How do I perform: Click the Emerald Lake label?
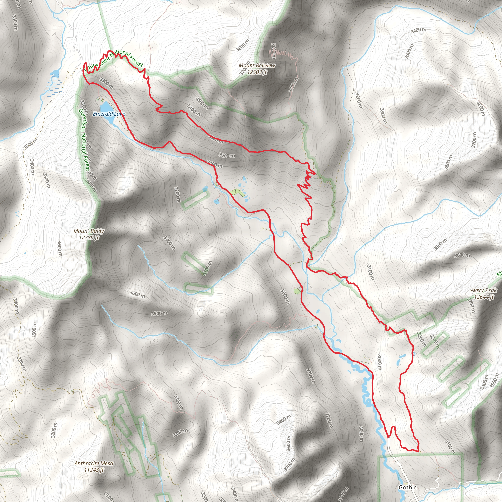point(109,114)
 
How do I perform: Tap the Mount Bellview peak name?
point(257,65)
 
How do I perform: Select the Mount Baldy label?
point(89,231)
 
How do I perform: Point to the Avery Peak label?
point(484,290)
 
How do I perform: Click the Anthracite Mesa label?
point(94,463)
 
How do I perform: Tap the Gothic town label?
point(407,488)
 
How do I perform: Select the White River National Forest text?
point(114,60)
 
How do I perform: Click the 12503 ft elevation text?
point(257,72)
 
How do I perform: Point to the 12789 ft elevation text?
point(89,238)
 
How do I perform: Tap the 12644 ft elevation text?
point(484,297)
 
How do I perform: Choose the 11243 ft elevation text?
point(94,470)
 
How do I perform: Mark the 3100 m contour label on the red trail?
point(215,164)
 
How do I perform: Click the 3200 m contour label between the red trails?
point(227,156)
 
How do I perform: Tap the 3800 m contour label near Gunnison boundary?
point(91,186)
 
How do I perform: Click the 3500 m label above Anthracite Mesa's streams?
point(159,313)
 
